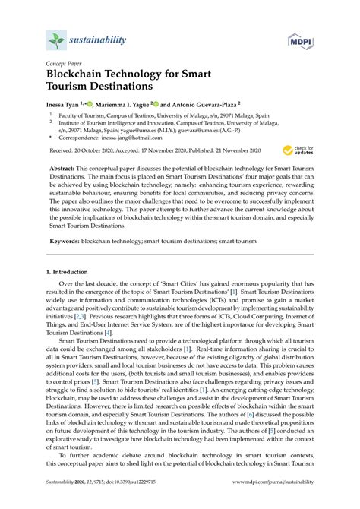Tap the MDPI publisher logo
302,39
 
